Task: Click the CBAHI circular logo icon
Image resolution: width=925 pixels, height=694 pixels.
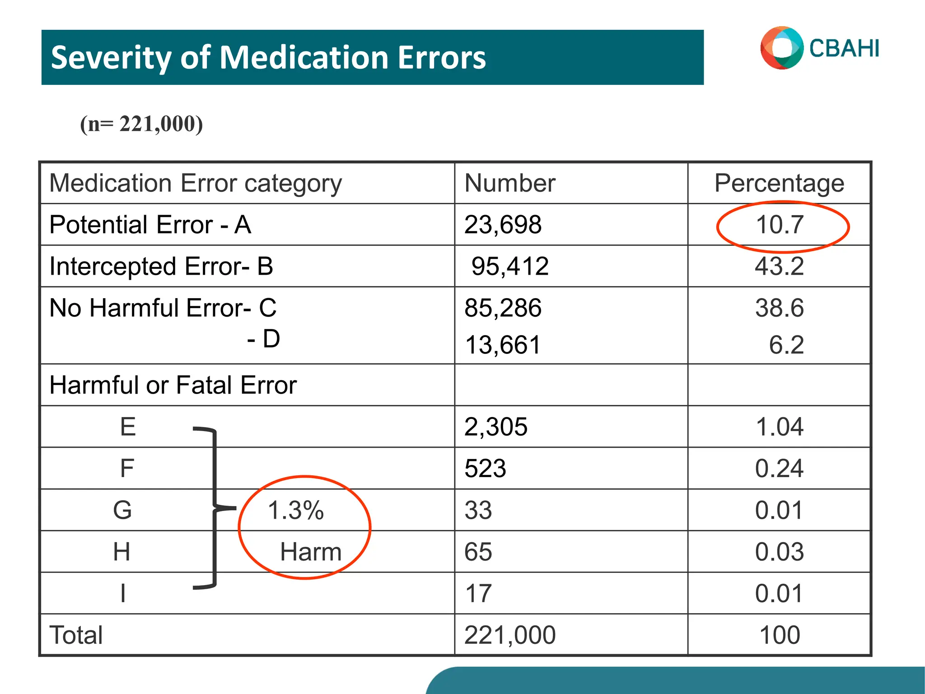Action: tap(782, 48)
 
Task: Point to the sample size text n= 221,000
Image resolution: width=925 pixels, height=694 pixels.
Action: tap(141, 124)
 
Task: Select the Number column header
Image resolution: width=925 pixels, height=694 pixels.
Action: tap(509, 183)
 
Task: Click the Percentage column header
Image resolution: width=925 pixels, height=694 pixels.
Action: tap(779, 183)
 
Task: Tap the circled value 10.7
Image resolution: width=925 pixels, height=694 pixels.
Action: tap(780, 225)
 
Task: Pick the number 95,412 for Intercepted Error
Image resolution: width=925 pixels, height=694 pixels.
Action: tap(509, 266)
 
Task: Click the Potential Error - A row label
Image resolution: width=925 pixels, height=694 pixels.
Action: tap(150, 225)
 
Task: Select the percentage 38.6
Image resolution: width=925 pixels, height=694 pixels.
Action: tap(779, 308)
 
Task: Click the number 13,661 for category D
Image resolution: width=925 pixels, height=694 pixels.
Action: tap(502, 345)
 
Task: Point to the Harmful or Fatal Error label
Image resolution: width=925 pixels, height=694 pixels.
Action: tap(173, 385)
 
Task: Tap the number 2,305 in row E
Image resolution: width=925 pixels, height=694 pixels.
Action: tap(495, 427)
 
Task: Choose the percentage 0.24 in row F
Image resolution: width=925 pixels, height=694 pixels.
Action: tap(779, 469)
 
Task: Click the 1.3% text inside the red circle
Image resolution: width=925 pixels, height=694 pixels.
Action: tap(296, 511)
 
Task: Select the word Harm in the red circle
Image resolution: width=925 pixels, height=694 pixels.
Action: tap(311, 552)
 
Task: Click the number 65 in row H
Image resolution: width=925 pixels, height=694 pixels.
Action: tap(478, 552)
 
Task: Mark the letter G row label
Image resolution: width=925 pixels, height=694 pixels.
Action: tap(122, 510)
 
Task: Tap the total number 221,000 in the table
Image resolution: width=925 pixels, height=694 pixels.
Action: tap(509, 635)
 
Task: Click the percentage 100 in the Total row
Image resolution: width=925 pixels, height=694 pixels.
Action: tap(780, 635)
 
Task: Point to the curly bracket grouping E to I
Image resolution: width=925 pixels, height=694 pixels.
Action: tap(214, 508)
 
